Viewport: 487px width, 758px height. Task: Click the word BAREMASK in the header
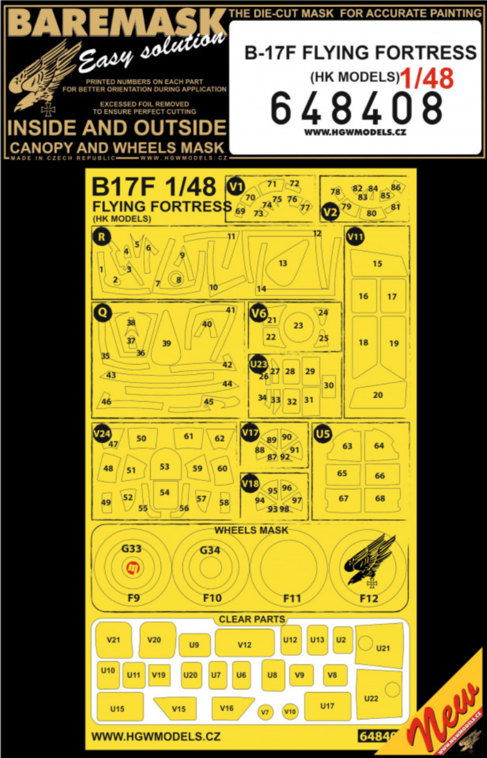pyautogui.click(x=112, y=23)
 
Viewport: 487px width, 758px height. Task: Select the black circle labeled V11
pyautogui.click(x=355, y=237)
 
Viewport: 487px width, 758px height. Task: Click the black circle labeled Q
pyautogui.click(x=103, y=312)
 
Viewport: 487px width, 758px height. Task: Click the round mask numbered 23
pyautogui.click(x=298, y=326)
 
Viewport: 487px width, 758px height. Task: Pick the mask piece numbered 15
pyautogui.click(x=377, y=264)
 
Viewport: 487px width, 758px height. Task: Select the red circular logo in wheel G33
pyautogui.click(x=133, y=567)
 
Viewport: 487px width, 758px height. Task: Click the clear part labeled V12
pyautogui.click(x=244, y=644)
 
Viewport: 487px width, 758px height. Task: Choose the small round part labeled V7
pyautogui.click(x=265, y=712)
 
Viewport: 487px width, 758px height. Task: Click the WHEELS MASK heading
pyautogui.click(x=251, y=530)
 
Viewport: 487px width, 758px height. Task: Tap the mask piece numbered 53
pyautogui.click(x=164, y=467)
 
